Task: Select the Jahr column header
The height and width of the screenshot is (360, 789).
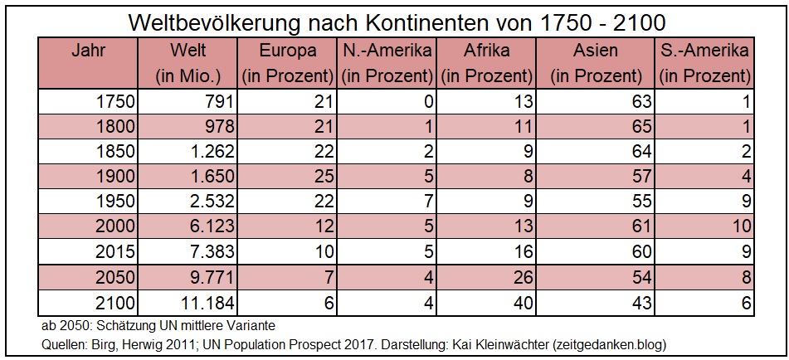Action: [x=89, y=50]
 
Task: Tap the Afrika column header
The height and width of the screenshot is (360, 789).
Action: [x=485, y=50]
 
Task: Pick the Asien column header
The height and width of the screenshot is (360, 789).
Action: [x=595, y=50]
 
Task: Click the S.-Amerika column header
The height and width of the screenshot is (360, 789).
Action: [x=704, y=50]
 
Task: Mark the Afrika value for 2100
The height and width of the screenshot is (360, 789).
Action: [x=522, y=303]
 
